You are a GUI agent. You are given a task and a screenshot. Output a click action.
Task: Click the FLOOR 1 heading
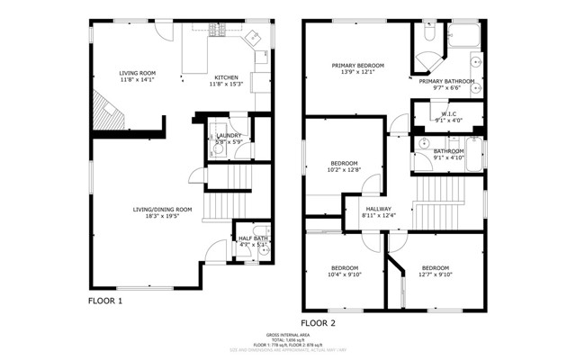click(x=104, y=301)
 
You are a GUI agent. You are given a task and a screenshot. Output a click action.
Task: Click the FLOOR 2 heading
click(x=318, y=321)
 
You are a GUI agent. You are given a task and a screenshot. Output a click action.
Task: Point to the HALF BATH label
click(x=253, y=238)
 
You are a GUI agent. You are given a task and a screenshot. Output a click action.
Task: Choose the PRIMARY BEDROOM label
click(x=357, y=66)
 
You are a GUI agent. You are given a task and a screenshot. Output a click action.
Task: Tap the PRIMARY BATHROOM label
click(x=447, y=80)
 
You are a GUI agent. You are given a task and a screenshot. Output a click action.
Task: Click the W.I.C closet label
click(x=450, y=114)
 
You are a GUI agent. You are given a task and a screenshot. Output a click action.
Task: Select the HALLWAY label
click(x=378, y=208)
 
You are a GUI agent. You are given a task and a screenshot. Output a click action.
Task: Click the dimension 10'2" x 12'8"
click(x=343, y=168)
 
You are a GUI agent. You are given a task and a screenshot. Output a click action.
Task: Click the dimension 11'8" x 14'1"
click(x=138, y=80)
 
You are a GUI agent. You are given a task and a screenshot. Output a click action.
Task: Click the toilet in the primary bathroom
click(x=428, y=34)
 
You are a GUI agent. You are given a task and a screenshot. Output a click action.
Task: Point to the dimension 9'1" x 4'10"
click(x=448, y=157)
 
